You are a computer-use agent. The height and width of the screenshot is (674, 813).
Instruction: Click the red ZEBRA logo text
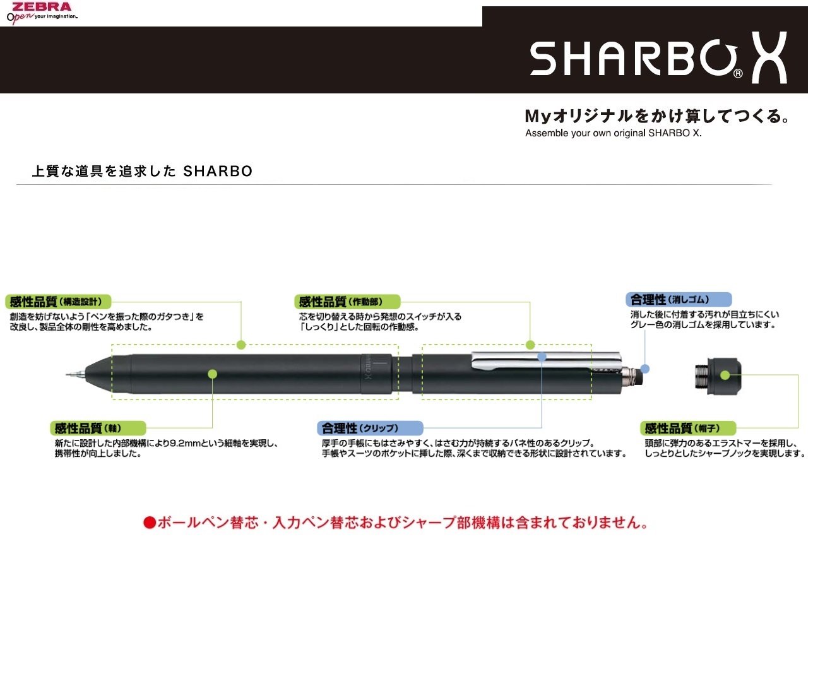(x=42, y=6)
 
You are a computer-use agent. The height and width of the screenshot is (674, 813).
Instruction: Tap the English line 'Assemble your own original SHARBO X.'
(x=613, y=133)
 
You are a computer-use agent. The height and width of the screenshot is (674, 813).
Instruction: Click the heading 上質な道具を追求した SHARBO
(x=142, y=171)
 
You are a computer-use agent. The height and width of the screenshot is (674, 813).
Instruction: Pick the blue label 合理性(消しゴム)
(x=679, y=299)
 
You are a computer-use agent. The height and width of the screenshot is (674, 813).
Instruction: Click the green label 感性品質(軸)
(x=97, y=429)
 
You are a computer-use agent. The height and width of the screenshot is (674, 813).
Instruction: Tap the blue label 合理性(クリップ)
(x=369, y=429)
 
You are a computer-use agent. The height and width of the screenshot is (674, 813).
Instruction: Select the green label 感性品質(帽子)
(x=688, y=429)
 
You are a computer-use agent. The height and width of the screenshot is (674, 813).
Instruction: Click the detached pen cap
(x=718, y=375)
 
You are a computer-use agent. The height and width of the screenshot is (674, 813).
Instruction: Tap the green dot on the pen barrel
(x=212, y=374)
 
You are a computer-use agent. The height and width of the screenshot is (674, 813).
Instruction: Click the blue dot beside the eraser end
(x=644, y=369)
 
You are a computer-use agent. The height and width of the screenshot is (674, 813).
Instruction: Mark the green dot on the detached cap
(x=725, y=375)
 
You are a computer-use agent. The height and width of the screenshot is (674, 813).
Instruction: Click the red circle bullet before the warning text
(x=149, y=523)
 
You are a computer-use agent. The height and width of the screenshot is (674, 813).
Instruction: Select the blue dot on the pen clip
(x=542, y=357)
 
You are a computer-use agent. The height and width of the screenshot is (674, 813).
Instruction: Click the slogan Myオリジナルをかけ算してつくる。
(x=656, y=116)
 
